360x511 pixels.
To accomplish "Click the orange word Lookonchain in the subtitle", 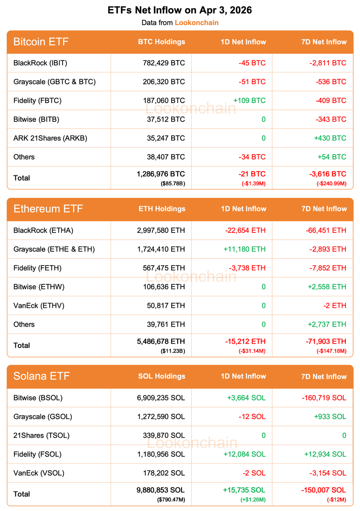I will pyautogui.click(x=196, y=23).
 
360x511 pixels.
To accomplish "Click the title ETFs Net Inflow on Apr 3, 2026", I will pyautogui.click(x=180, y=10).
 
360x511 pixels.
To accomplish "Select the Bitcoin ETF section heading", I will pyautogui.click(x=41, y=42).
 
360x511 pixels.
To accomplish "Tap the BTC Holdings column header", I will pyautogui.click(x=161, y=42).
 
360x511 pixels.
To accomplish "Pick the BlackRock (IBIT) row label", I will pyautogui.click(x=40, y=63).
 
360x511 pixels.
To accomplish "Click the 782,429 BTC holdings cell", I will pyautogui.click(x=164, y=63).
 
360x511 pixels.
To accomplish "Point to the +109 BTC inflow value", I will pyautogui.click(x=249, y=100).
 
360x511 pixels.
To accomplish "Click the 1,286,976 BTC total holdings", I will pyautogui.click(x=161, y=174).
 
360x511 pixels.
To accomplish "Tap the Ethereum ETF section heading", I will pyautogui.click(x=48, y=209).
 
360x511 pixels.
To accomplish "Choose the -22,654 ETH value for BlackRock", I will pyautogui.click(x=245, y=230).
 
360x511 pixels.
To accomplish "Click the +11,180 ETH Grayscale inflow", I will pyautogui.click(x=245, y=249).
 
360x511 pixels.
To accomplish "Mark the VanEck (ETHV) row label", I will pyautogui.click(x=39, y=305).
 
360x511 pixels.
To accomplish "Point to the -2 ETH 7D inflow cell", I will pyautogui.click(x=335, y=305).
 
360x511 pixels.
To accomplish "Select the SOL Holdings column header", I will pyautogui.click(x=161, y=376).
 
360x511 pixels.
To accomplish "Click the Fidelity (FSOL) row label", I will pyautogui.click(x=37, y=454).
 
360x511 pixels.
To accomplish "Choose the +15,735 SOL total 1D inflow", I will pyautogui.click(x=244, y=490).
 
